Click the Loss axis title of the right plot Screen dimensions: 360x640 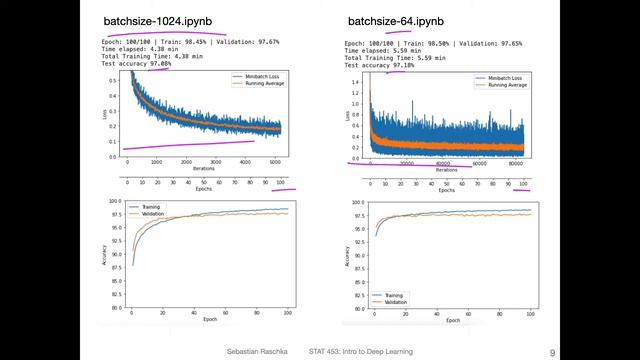pyautogui.click(x=348, y=115)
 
